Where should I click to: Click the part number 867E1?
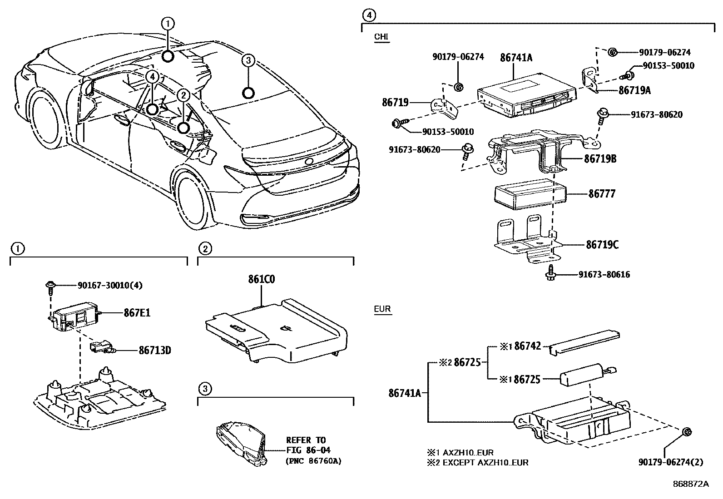137,313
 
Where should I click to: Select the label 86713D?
155,350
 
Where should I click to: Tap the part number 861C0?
262,279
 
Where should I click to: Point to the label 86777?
602,194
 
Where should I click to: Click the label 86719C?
602,245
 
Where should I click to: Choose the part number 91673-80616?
604,275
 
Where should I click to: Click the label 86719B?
600,159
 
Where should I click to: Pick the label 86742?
527,346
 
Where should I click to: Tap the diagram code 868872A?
691,484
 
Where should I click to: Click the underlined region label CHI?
381,37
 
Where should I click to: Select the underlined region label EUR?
382,309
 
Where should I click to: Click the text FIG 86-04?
308,450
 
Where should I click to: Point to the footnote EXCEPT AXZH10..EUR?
486,463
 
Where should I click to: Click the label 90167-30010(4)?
110,285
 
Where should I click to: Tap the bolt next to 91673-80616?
551,273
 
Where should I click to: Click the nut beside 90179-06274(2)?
687,432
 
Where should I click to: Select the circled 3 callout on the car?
248,60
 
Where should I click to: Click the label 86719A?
634,90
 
